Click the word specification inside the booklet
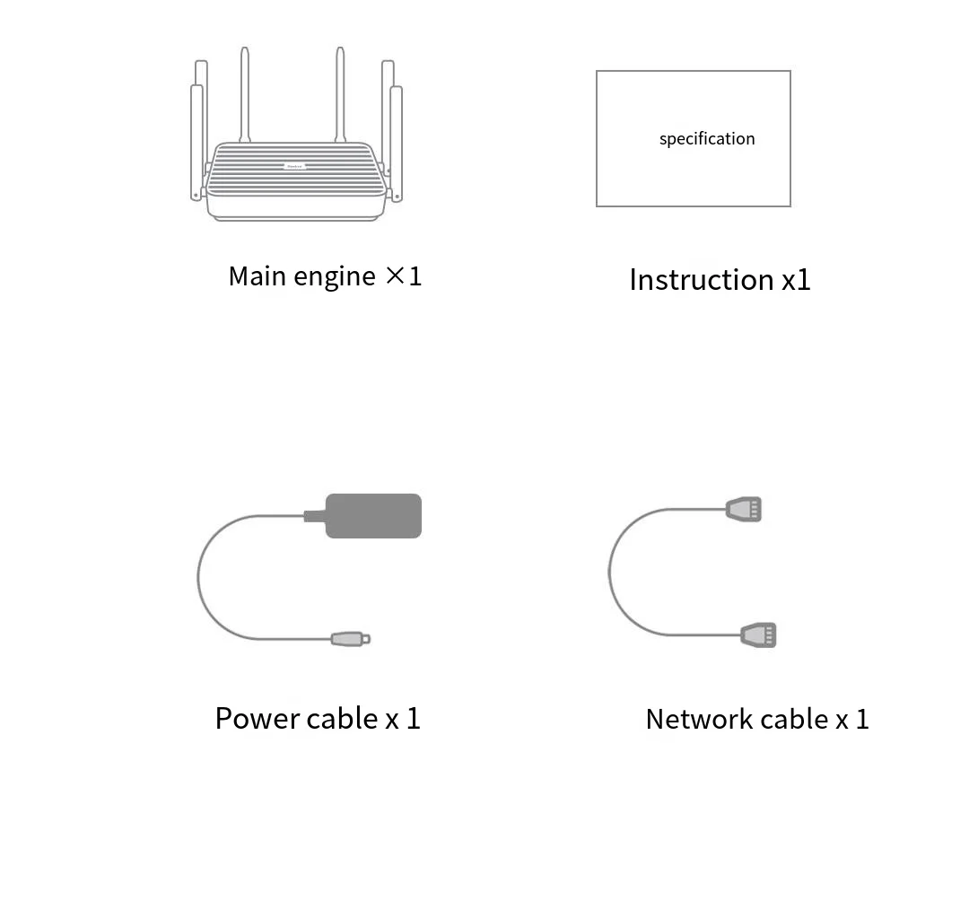[707, 139]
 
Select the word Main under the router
[257, 276]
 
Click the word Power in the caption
[258, 719]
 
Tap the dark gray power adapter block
[372, 516]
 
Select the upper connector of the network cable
[744, 510]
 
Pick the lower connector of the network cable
[758, 634]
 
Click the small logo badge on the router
[294, 166]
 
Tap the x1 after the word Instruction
[796, 280]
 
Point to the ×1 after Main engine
[404, 276]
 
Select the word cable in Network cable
[794, 720]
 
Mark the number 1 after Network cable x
[862, 720]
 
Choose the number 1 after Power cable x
[413, 719]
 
